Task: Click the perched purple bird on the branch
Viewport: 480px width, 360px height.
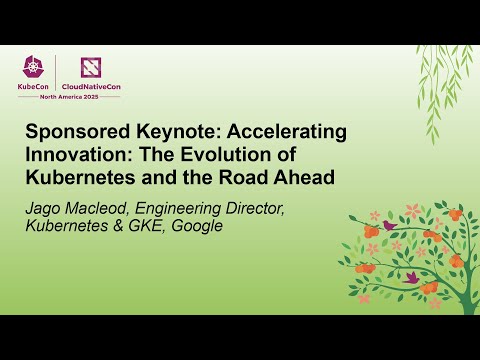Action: tap(390, 226)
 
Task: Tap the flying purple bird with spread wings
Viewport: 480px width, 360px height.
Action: tap(411, 276)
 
